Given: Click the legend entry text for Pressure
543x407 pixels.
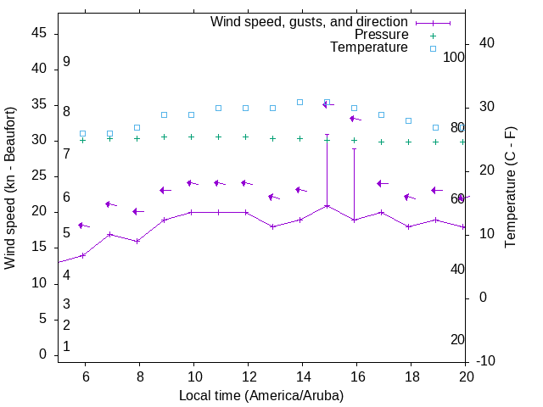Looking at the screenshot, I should click(381, 35).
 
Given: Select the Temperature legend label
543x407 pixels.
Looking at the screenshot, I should click(369, 47).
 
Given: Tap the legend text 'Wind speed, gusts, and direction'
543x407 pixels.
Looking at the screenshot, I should click(309, 22).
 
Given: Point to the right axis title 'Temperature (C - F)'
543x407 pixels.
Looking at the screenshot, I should click(510, 188).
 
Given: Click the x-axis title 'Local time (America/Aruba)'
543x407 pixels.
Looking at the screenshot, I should click(261, 395).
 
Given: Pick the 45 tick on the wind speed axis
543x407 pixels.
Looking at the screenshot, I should click(39, 34).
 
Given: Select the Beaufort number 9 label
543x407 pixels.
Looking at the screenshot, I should click(66, 62).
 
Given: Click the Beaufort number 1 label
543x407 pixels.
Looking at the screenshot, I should click(66, 347).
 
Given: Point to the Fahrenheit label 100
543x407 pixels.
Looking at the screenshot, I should click(454, 58).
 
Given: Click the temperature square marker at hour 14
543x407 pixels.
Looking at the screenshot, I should click(299, 102).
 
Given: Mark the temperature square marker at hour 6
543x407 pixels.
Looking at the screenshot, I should click(82, 134).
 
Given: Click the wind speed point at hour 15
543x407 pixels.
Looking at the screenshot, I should click(327, 205).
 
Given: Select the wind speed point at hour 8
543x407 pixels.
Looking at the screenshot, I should click(137, 241).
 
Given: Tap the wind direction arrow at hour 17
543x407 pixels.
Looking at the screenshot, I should click(382, 183).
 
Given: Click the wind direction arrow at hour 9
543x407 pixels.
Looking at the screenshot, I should click(165, 190).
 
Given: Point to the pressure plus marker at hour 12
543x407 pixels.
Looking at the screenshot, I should click(245, 137).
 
